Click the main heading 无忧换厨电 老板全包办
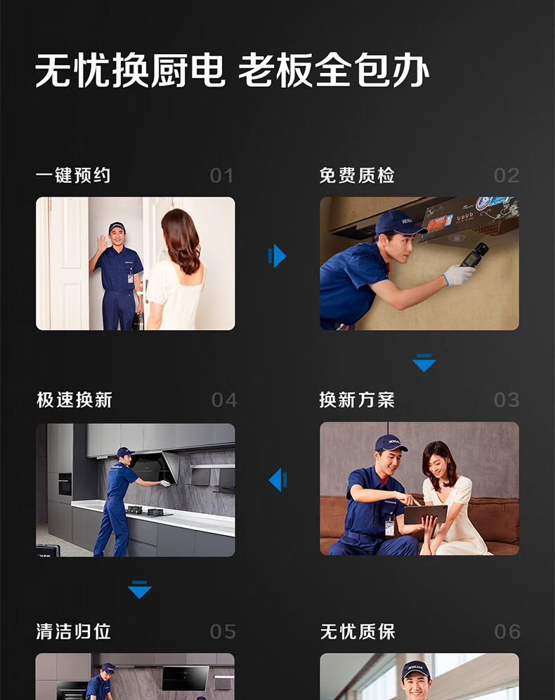tap(232, 70)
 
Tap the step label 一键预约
tap(73, 176)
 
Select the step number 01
tap(221, 176)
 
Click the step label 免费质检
tap(357, 176)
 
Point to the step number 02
tap(507, 176)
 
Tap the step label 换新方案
tap(357, 400)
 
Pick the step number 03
tap(507, 400)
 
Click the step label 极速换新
tap(74, 400)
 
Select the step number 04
tap(224, 400)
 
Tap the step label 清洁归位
tap(73, 632)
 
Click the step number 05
tap(223, 632)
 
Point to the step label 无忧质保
tap(358, 632)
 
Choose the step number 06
tap(507, 632)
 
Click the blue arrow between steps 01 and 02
tap(277, 256)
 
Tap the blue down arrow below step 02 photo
tap(424, 362)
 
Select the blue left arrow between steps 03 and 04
tap(277, 480)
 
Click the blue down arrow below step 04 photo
tap(140, 589)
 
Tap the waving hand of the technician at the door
tap(103, 244)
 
